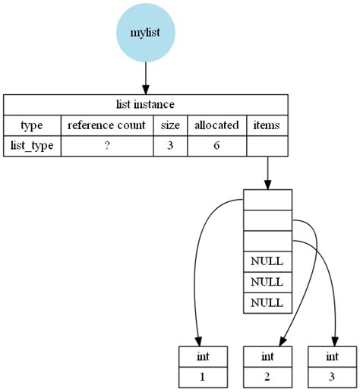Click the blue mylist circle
[x=145, y=33]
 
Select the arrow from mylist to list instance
[x=145, y=77]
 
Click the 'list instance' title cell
[x=145, y=104]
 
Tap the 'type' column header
[x=32, y=125]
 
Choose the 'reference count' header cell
[x=107, y=125]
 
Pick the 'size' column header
[x=170, y=125]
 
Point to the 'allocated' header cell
[x=216, y=125]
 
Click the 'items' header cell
[x=267, y=125]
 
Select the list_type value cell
[x=32, y=145]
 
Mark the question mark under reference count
[x=107, y=145]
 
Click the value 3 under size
[x=170, y=145]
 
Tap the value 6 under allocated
[x=216, y=145]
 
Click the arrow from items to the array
[x=267, y=172]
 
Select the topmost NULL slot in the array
[x=267, y=261]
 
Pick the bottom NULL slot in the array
[x=267, y=302]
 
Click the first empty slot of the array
[x=267, y=200]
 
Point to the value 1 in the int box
[x=201, y=376]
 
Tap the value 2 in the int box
[x=267, y=376]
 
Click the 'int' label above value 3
[x=332, y=356]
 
